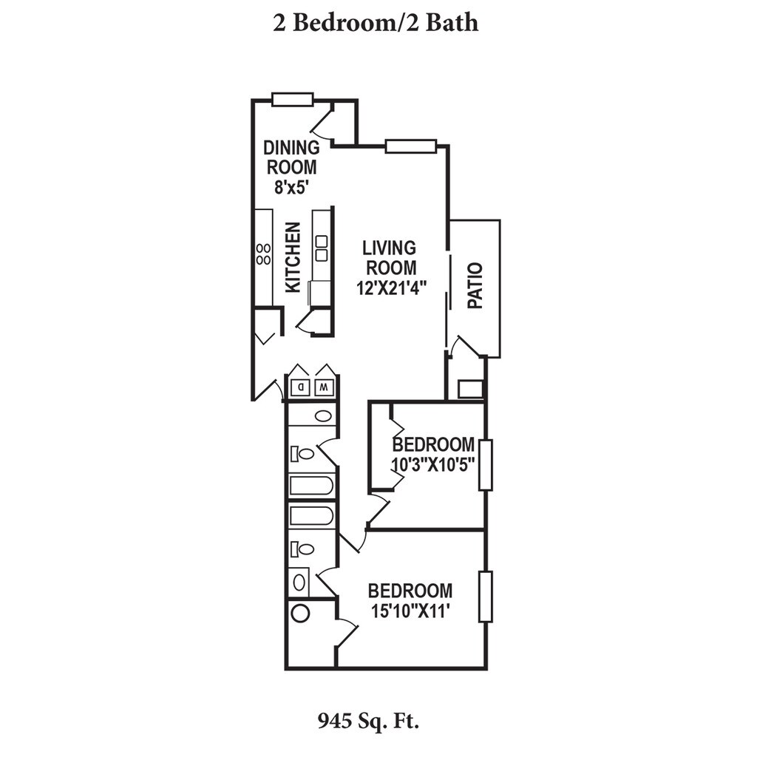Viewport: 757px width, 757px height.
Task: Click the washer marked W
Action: click(324, 387)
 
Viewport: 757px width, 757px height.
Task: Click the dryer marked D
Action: click(301, 387)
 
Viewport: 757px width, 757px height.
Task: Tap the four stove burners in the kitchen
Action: click(264, 254)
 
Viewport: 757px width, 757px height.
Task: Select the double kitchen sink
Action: click(321, 248)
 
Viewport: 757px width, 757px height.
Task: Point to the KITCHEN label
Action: click(293, 257)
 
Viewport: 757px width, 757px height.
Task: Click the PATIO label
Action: click(475, 285)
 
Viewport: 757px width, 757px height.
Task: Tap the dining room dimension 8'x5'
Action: click(291, 187)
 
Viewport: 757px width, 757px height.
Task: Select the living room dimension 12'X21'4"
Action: click(392, 288)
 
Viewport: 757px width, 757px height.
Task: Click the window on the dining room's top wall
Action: click(293, 99)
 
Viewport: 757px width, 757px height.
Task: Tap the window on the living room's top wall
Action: click(411, 146)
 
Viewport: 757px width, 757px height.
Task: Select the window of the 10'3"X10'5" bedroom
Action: click(486, 464)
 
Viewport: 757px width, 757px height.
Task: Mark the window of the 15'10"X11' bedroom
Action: click(486, 597)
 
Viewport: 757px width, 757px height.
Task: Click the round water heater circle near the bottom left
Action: click(300, 614)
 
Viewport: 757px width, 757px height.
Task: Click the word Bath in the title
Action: click(452, 23)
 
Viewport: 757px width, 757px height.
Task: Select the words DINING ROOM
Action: click(291, 157)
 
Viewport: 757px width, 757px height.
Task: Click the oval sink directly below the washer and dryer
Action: click(324, 415)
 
